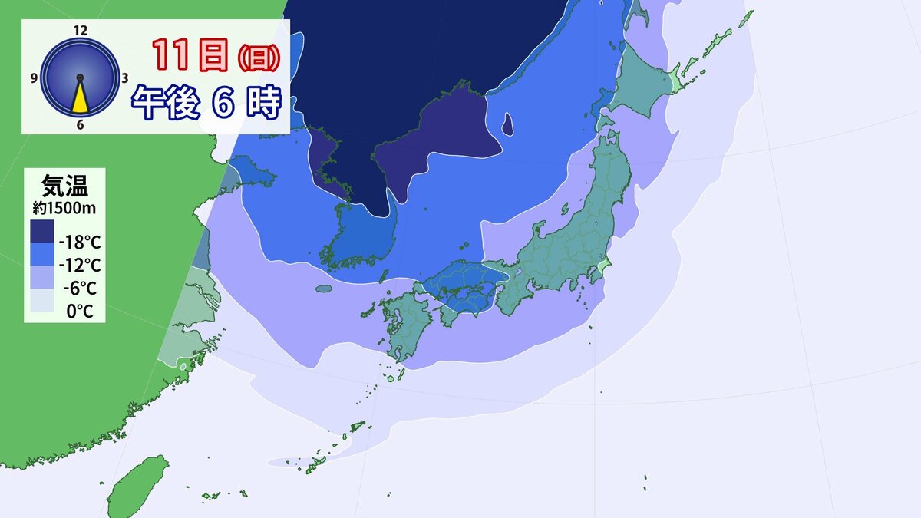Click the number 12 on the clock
tap(80, 30)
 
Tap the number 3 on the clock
tap(124, 78)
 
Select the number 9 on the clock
tap(35, 78)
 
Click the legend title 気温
tap(64, 186)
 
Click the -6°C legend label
tap(81, 289)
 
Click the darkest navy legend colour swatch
tap(42, 232)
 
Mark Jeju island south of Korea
tap(324, 289)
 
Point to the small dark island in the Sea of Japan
tap(507, 124)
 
